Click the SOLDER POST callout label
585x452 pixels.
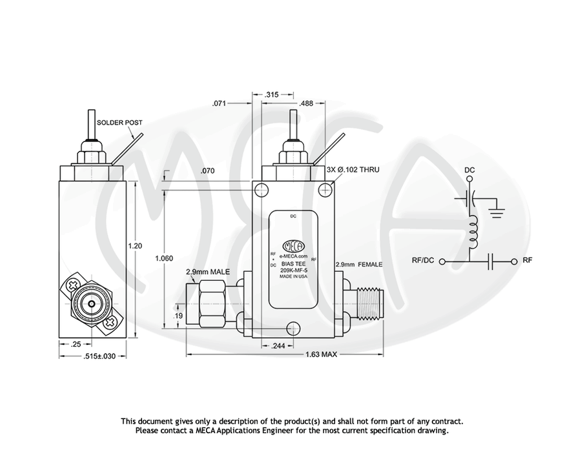[x=119, y=123]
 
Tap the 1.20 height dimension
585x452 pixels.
[x=135, y=246]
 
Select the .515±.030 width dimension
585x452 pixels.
[x=99, y=356]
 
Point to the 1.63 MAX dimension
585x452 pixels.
[x=321, y=354]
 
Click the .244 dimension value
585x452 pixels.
[x=278, y=346]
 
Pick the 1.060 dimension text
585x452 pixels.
[x=164, y=258]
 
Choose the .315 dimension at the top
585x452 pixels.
[x=272, y=95]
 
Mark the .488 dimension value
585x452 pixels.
[x=306, y=103]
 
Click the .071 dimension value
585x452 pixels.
[x=219, y=103]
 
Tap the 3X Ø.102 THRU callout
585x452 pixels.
[x=353, y=170]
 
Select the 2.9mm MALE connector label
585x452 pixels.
[x=208, y=272]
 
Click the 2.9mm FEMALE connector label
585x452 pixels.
[x=359, y=265]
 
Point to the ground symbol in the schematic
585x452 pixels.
[x=497, y=212]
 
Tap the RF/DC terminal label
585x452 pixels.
[x=423, y=260]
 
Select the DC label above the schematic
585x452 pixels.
[x=469, y=170]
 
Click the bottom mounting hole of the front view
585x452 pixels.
[x=293, y=328]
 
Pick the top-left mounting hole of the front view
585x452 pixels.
[x=261, y=190]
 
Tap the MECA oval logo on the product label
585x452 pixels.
[x=294, y=246]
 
